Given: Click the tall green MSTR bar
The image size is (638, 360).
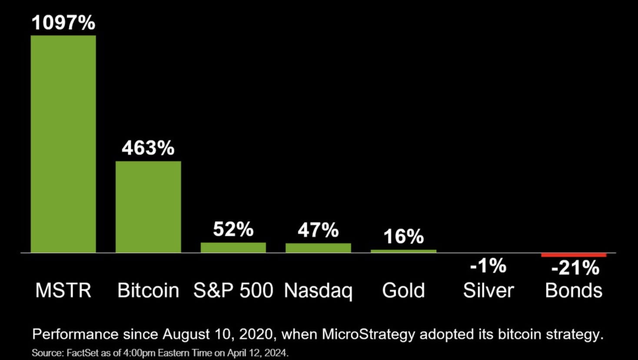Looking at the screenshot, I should coord(63,143).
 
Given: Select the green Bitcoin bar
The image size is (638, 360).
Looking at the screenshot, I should coord(148,207).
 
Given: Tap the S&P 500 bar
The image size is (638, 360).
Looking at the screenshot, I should coord(233,247).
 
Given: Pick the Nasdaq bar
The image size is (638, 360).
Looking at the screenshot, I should coord(318,248).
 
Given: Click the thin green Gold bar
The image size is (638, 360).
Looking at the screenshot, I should coord(403,251).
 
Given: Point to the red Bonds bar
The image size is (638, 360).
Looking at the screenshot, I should coord(574,255).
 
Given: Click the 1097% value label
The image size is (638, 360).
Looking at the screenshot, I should coord(63,23).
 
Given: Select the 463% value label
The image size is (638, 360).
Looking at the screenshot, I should coord(148,148).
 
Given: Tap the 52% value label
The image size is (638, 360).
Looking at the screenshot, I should coord(233,229).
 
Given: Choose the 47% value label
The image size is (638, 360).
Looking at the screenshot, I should coord(318,230).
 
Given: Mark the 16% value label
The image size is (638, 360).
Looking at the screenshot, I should coord(403,237).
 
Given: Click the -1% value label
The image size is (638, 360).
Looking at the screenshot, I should coord(488,266).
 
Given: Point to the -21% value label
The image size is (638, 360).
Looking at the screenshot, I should coord(575,268).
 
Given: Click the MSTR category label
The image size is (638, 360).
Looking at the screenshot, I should coord(63,290).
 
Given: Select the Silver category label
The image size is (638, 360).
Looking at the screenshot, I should coord(488,290).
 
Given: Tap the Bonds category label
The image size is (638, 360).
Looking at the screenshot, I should coord(574,290).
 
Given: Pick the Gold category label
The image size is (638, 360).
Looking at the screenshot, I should coord(403,290).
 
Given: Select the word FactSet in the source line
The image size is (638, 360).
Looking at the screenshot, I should coord(83,353).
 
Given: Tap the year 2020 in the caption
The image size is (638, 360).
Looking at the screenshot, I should coord(256,334).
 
